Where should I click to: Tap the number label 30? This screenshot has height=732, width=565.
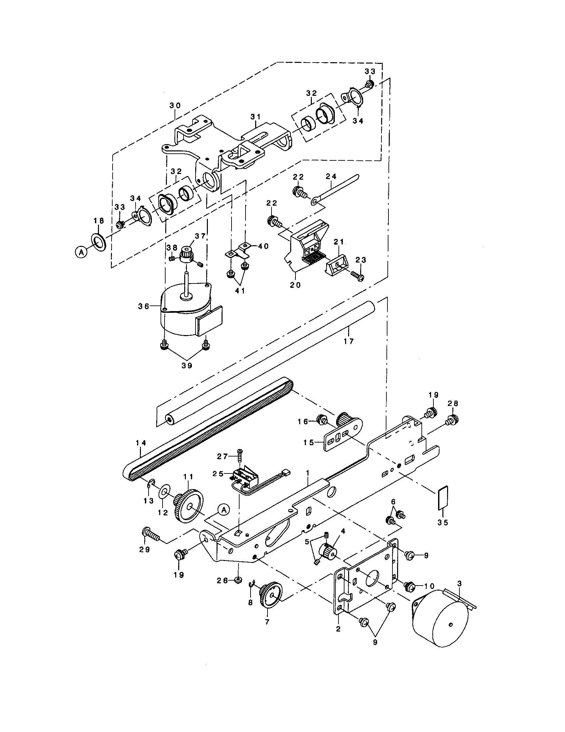pyautogui.click(x=175, y=105)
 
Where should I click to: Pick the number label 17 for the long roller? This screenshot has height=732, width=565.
pyautogui.click(x=349, y=341)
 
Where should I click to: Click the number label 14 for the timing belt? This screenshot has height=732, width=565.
pyautogui.click(x=141, y=443)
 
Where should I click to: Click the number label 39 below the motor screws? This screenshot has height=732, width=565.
pyautogui.click(x=187, y=365)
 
